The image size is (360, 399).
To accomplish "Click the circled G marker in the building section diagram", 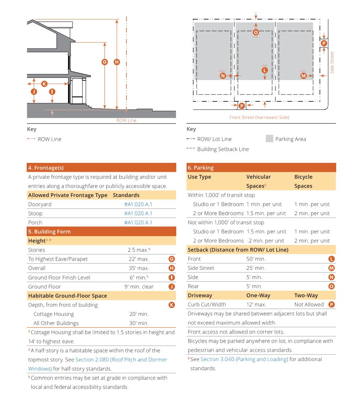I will point(104,62).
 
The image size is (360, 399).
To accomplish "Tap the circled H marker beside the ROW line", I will point(117,62).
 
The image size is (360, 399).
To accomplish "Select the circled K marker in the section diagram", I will point(44,84).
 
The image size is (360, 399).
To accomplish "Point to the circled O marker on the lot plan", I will point(256,32).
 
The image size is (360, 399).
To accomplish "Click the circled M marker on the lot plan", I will point(303,76).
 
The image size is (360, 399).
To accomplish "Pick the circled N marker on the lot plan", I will point(223,76).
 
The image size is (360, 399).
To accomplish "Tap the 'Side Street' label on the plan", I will point(332,63).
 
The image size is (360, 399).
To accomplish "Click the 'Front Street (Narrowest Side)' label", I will point(259,117).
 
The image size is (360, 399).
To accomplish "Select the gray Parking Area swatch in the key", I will point(269,139).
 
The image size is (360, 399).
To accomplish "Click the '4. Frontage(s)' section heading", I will point(46,168).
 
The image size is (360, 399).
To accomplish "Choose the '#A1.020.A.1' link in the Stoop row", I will point(138,213).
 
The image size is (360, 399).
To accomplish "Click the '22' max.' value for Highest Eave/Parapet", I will point(139,259).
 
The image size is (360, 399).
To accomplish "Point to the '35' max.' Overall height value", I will point(139,268).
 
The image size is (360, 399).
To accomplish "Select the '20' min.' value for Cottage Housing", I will point(139,314).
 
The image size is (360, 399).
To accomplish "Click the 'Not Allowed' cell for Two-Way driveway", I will point(309,304).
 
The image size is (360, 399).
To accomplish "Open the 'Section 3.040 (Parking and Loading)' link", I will point(244,359).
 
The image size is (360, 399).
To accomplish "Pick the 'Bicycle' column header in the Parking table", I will point(303,177).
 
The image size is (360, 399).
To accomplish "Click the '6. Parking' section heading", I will point(201,168).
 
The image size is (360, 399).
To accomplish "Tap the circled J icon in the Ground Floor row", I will point(172,287).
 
